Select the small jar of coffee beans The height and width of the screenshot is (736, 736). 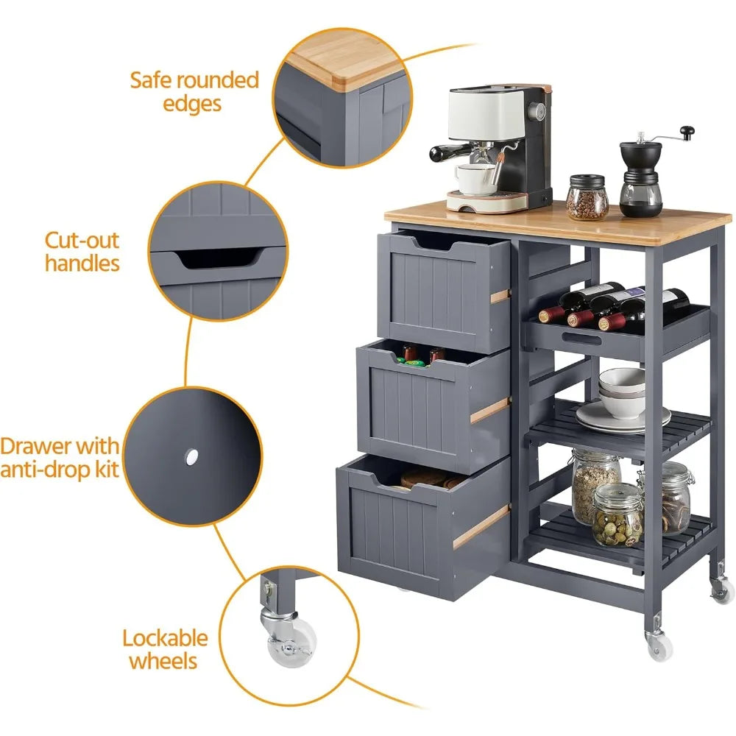587,198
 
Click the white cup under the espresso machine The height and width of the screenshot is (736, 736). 475,178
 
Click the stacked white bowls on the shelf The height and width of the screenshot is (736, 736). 622,393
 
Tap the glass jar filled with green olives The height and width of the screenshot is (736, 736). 618,515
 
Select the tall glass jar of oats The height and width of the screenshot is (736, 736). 594,486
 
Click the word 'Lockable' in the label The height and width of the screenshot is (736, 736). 166,638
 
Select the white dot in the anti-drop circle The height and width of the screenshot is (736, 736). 192,457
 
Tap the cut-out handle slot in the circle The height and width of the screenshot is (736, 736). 221,257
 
